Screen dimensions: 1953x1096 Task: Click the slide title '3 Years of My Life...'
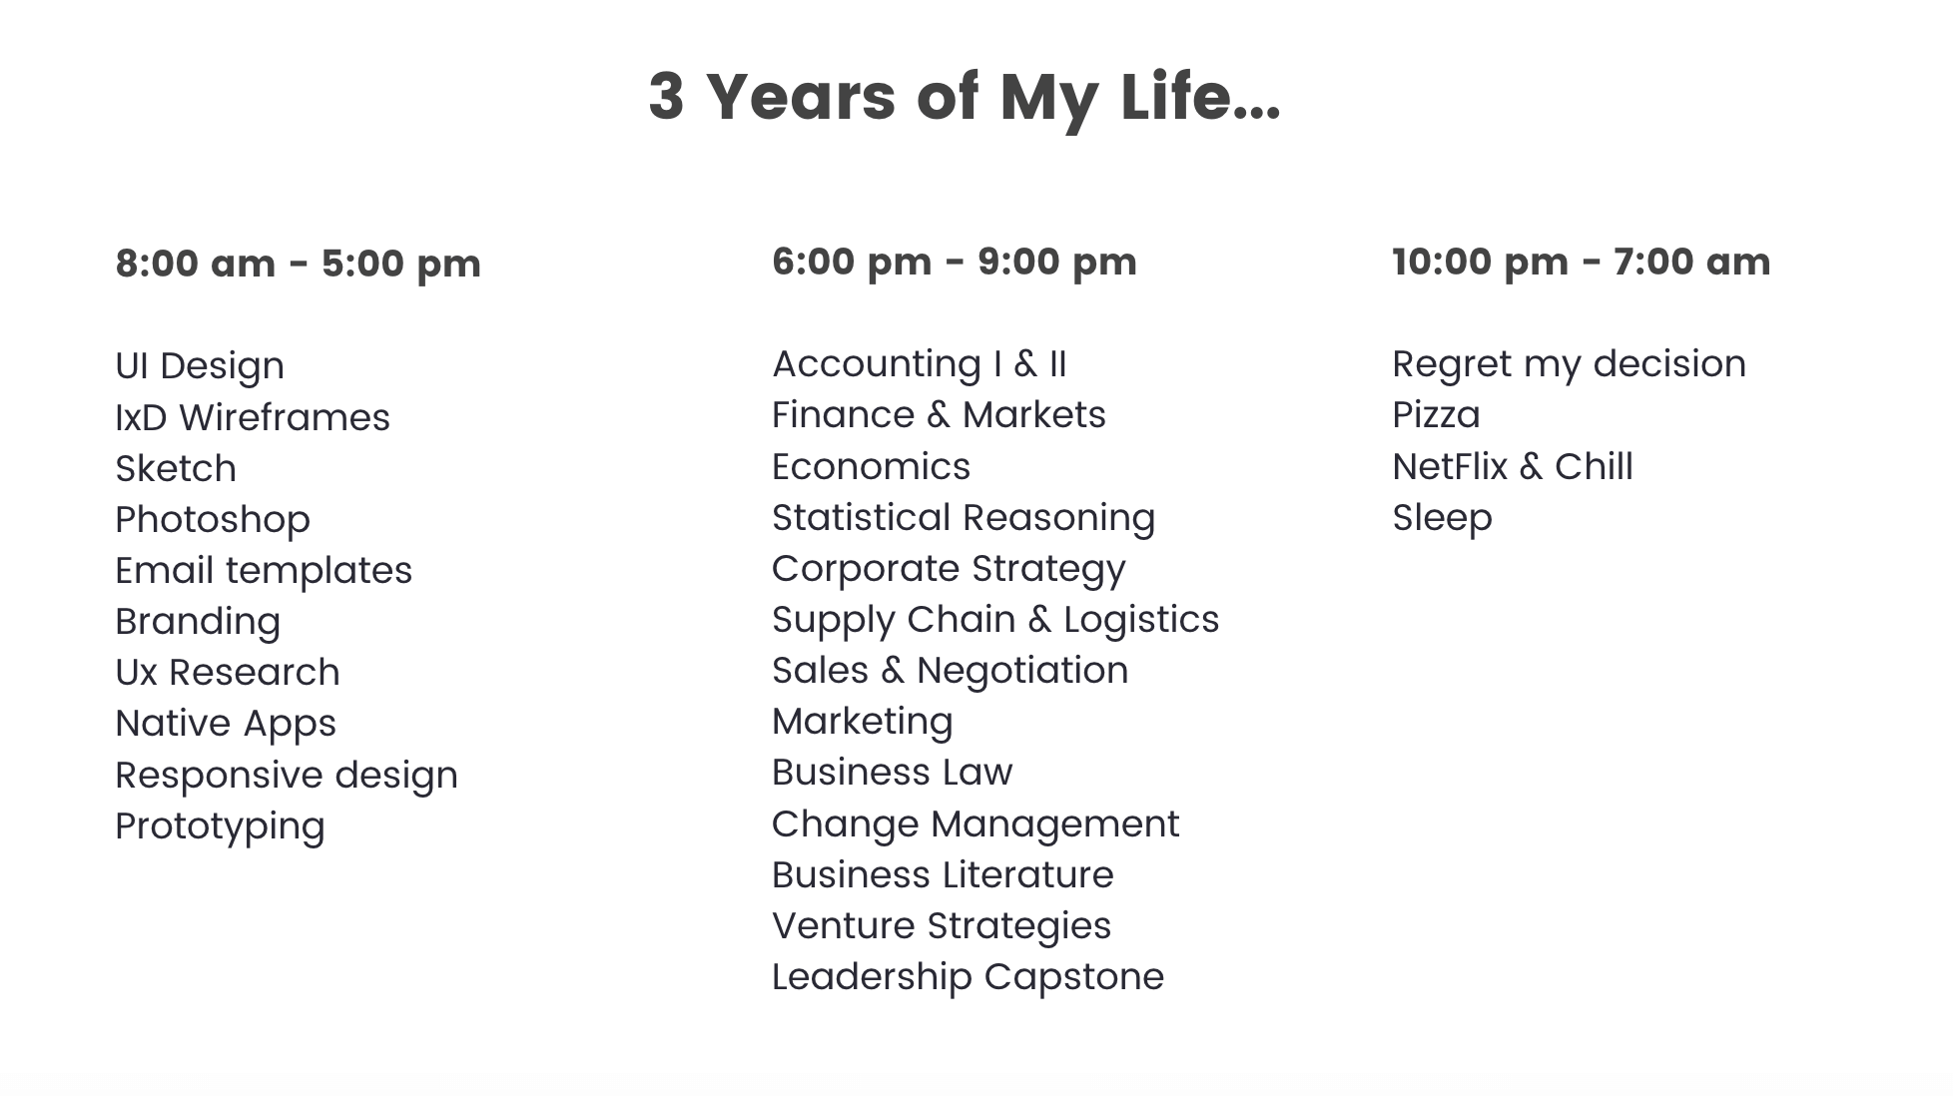tap(965, 98)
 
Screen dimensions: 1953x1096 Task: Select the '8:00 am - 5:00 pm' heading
tap(299, 264)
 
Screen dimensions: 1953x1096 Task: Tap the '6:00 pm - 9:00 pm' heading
tap(955, 262)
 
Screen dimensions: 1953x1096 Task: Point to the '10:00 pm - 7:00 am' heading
tap(1582, 262)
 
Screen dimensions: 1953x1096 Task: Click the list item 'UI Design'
tap(200, 366)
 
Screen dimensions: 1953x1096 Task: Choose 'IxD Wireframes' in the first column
tap(253, 417)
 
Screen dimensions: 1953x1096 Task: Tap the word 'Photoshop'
tap(213, 520)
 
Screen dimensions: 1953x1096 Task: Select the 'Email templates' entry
tap(264, 571)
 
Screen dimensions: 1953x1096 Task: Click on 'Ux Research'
tap(228, 673)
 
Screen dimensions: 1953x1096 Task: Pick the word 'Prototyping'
tap(221, 826)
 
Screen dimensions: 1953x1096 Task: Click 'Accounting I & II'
tap(920, 364)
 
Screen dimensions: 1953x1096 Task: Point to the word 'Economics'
tap(872, 467)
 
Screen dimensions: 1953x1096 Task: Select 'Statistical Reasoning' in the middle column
tap(964, 518)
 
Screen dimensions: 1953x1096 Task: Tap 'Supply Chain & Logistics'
tap(995, 620)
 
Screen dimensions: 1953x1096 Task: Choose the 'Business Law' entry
tap(893, 773)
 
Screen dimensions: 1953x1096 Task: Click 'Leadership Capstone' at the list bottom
tap(969, 977)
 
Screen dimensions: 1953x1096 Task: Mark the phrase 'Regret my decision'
tap(1570, 364)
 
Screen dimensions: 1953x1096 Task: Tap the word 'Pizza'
tap(1437, 415)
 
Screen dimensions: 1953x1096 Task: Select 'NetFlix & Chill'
tap(1513, 467)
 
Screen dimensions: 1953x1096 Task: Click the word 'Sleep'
tap(1443, 518)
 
